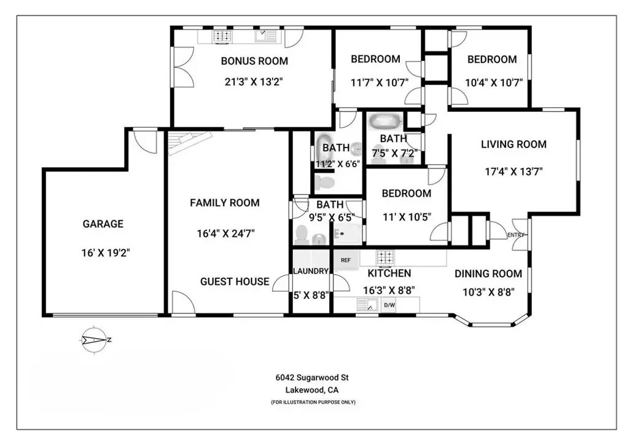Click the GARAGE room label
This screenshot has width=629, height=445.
(x=103, y=224)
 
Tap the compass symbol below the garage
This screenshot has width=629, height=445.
(x=95, y=341)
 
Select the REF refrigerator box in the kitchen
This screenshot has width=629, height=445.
(x=345, y=260)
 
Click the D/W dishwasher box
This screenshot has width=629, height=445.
(x=389, y=305)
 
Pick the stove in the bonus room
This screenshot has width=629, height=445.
(x=222, y=36)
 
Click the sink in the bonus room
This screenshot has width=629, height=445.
(x=265, y=36)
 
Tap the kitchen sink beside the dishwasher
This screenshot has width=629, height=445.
(x=367, y=305)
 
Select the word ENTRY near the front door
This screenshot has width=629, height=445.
(x=516, y=235)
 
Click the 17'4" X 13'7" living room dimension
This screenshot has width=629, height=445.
(x=514, y=171)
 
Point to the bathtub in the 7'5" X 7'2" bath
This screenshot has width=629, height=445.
(x=386, y=122)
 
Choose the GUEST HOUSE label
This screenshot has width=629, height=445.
(x=235, y=282)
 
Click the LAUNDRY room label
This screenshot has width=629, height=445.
(x=311, y=271)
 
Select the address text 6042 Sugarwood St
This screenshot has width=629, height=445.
(x=312, y=377)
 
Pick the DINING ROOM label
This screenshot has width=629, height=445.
(x=488, y=274)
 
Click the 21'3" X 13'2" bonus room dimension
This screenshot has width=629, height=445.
(x=254, y=82)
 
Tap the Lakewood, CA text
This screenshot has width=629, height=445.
(x=312, y=390)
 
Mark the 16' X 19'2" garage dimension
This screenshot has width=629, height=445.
(x=106, y=253)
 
